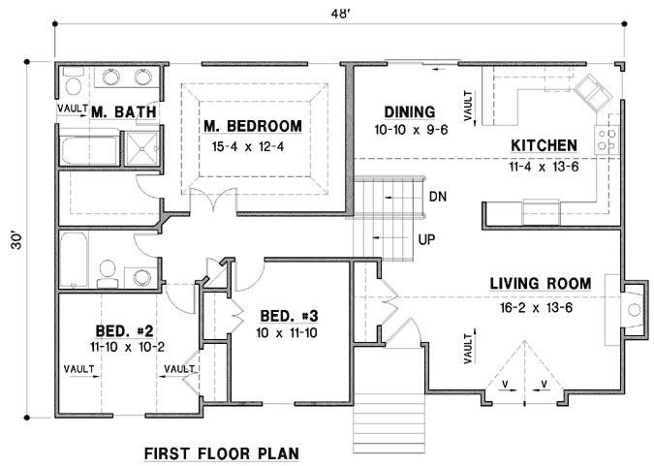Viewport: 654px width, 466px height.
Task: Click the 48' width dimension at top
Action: [336, 13]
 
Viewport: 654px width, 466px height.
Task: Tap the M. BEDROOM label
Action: [252, 126]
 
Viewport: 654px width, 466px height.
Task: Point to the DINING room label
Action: [408, 111]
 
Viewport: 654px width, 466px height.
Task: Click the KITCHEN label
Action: [544, 145]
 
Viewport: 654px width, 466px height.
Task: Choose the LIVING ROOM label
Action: [540, 283]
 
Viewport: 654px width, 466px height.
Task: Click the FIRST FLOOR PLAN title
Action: [221, 452]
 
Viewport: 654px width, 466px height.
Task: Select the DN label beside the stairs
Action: [437, 196]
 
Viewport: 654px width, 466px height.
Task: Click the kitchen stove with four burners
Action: [608, 139]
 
